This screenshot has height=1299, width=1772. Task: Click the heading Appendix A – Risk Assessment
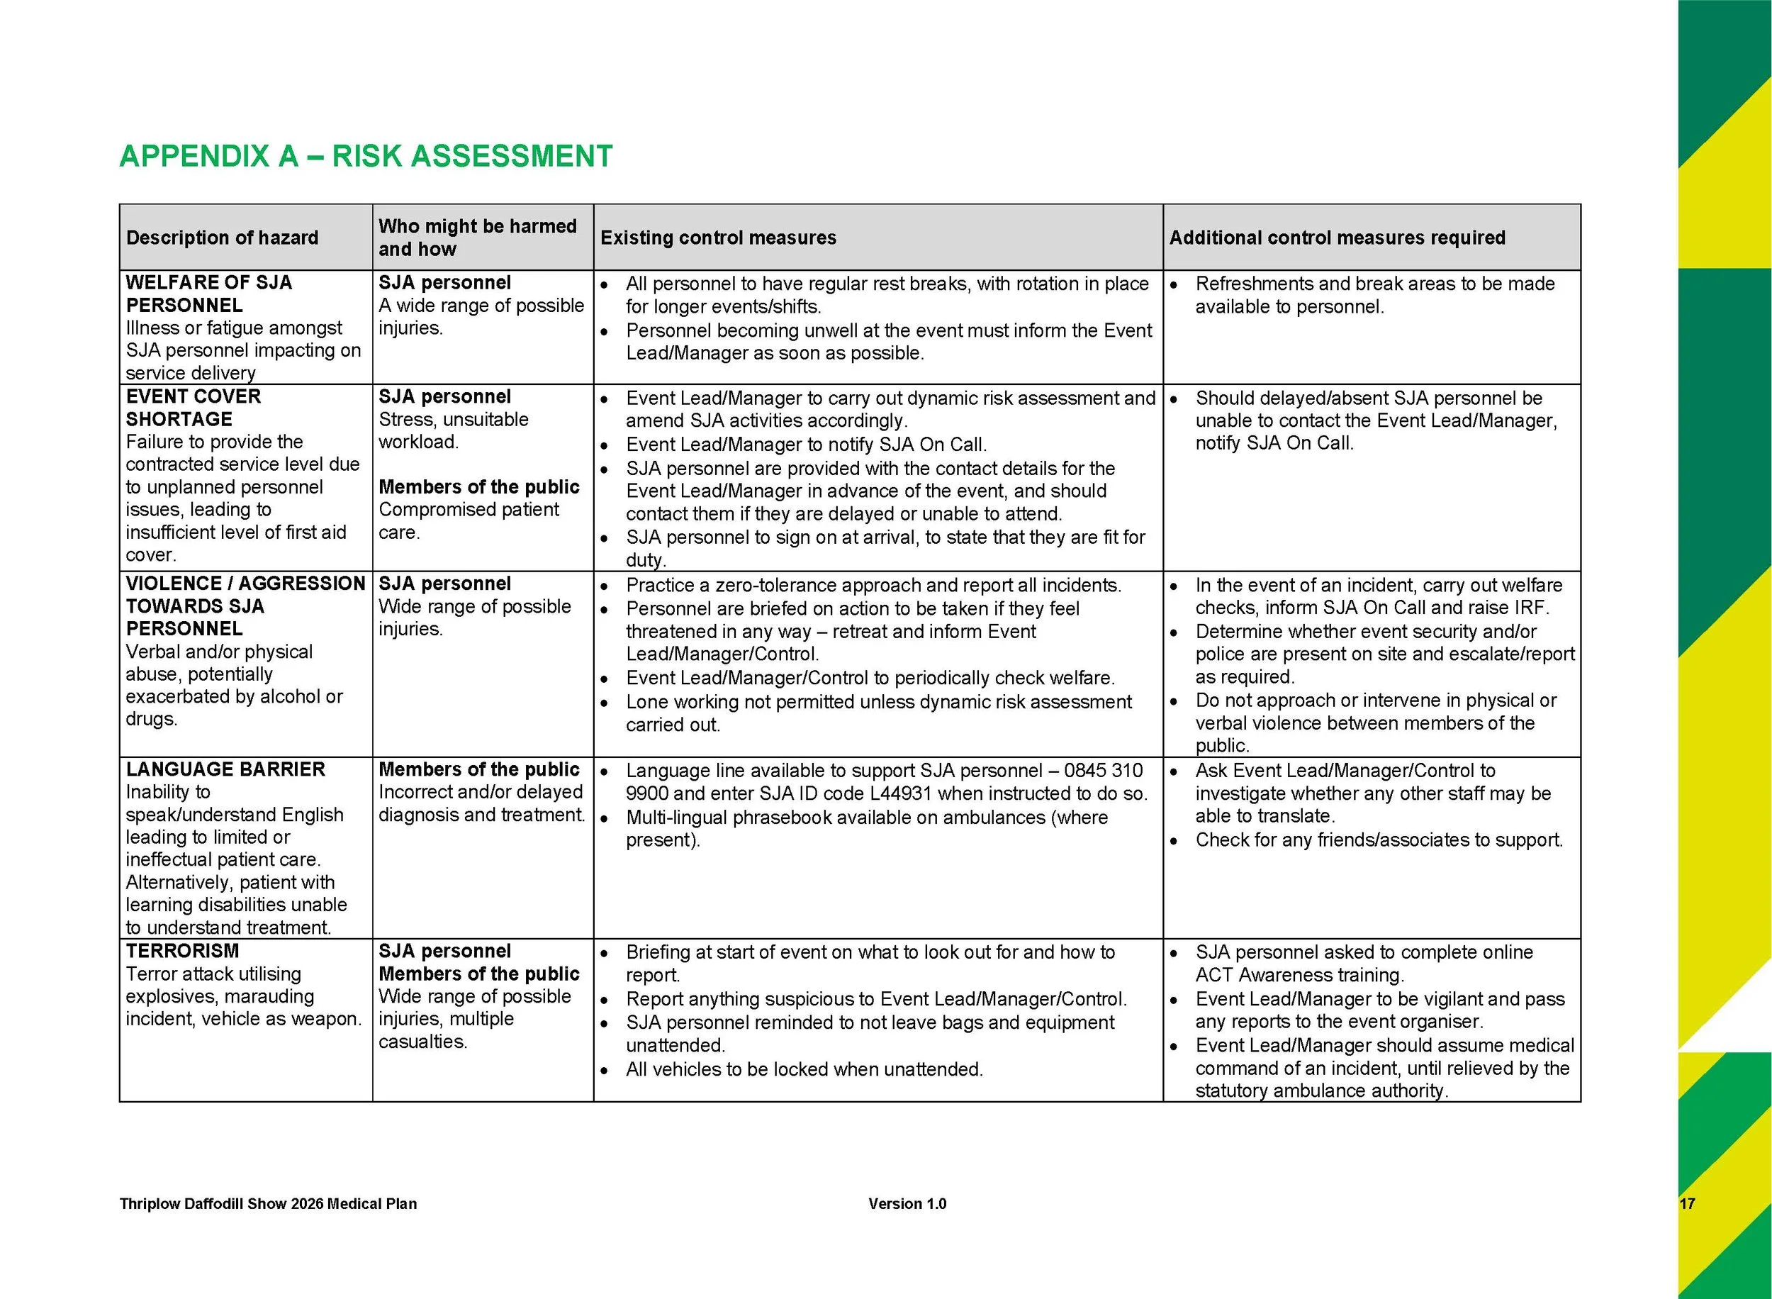pyautogui.click(x=366, y=156)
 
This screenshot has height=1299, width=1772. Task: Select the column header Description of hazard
pyautogui.click(x=222, y=238)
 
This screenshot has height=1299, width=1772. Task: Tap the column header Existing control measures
pyautogui.click(x=718, y=238)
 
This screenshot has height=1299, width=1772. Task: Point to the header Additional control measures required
pyautogui.click(x=1337, y=238)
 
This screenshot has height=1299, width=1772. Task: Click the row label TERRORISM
pyautogui.click(x=182, y=951)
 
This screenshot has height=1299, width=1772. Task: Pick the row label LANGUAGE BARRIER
pyautogui.click(x=225, y=769)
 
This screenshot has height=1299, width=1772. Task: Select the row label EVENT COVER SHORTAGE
pyautogui.click(x=194, y=407)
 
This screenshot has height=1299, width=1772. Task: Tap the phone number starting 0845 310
pyautogui.click(x=1104, y=771)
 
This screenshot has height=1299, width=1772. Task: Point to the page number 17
pyautogui.click(x=1686, y=1204)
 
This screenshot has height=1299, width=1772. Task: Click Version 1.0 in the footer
pyautogui.click(x=907, y=1204)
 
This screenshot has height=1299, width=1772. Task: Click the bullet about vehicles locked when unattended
pyautogui.click(x=804, y=1069)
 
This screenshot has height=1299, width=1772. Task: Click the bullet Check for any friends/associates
pyautogui.click(x=1379, y=840)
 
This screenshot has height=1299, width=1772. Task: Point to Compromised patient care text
pyautogui.click(x=469, y=520)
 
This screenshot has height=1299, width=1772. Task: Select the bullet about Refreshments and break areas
pyautogui.click(x=1374, y=295)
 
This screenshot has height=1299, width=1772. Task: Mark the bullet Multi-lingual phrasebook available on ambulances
pyautogui.click(x=866, y=828)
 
